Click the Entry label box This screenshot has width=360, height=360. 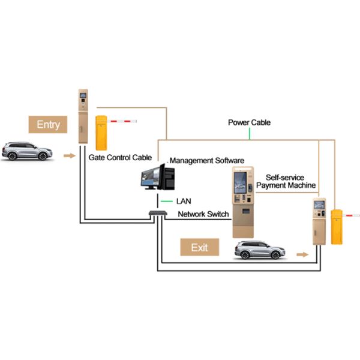49,124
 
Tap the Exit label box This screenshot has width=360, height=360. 199,247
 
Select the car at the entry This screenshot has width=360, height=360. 27,151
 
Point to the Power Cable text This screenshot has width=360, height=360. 249,122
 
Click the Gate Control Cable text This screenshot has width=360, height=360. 119,158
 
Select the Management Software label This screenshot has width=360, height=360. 207,161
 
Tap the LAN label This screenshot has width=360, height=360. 184,200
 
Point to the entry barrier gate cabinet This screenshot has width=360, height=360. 101,132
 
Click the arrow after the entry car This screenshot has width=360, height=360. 70,155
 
